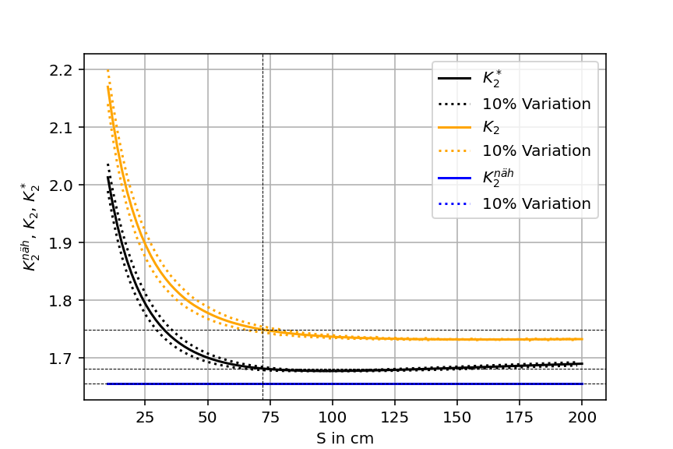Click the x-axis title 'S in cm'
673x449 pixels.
pyautogui.click(x=345, y=438)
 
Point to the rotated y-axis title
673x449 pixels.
pyautogui.click(x=30, y=228)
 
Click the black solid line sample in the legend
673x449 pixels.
pyautogui.click(x=454, y=79)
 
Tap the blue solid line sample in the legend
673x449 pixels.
pyautogui.click(x=454, y=179)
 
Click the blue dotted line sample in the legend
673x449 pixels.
pyautogui.click(x=454, y=203)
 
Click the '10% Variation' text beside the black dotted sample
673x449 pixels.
pyautogui.click(x=537, y=104)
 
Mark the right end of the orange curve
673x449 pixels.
pyautogui.click(x=582, y=339)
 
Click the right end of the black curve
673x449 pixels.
pyautogui.click(x=582, y=364)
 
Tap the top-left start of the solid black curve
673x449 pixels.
pyautogui.click(x=108, y=177)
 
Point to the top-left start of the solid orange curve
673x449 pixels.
pyautogui.click(x=108, y=87)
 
